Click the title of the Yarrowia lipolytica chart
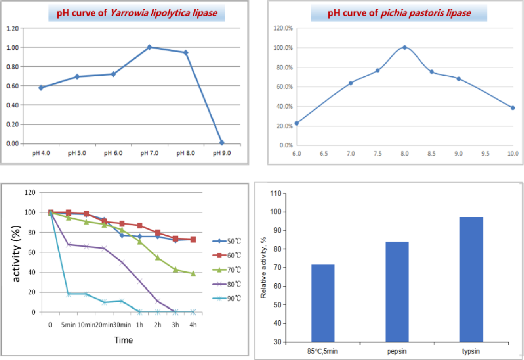click(136, 13)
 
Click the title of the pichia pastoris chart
click(399, 13)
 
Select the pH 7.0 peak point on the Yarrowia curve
click(149, 47)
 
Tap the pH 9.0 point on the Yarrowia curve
click(222, 142)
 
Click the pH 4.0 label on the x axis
click(41, 153)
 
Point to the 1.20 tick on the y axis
click(12, 29)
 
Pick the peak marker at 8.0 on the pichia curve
click(405, 47)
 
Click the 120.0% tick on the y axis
click(283, 29)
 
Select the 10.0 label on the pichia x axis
click(512, 153)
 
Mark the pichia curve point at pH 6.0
click(296, 123)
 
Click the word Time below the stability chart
click(123, 341)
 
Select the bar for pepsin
click(397, 292)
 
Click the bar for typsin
click(471, 280)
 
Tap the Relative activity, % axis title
click(264, 267)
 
